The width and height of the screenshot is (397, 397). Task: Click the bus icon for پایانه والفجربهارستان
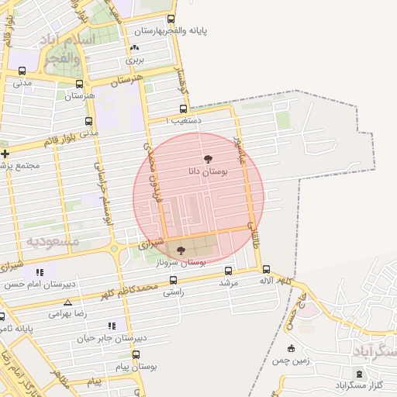coord(171,19)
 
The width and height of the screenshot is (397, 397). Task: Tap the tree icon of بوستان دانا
coord(207,158)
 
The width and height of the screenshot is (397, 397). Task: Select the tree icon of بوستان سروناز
coord(181,250)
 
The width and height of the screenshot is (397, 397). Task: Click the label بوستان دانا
coord(207,171)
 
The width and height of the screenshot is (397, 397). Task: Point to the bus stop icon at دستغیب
coord(174,120)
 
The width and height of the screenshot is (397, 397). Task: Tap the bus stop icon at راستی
coord(173,281)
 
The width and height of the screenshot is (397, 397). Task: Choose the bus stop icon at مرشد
coord(228,271)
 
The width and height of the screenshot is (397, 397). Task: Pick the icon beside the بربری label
coord(135,48)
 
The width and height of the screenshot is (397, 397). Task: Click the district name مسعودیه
coord(54,241)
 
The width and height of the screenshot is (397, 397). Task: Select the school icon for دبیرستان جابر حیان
coord(112,326)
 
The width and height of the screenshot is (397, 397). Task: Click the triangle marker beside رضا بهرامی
coord(67,302)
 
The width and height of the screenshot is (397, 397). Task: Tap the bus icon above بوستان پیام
coord(136,354)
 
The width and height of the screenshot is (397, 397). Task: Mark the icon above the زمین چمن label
coord(291,348)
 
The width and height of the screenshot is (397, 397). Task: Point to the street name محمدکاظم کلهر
coord(127,291)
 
